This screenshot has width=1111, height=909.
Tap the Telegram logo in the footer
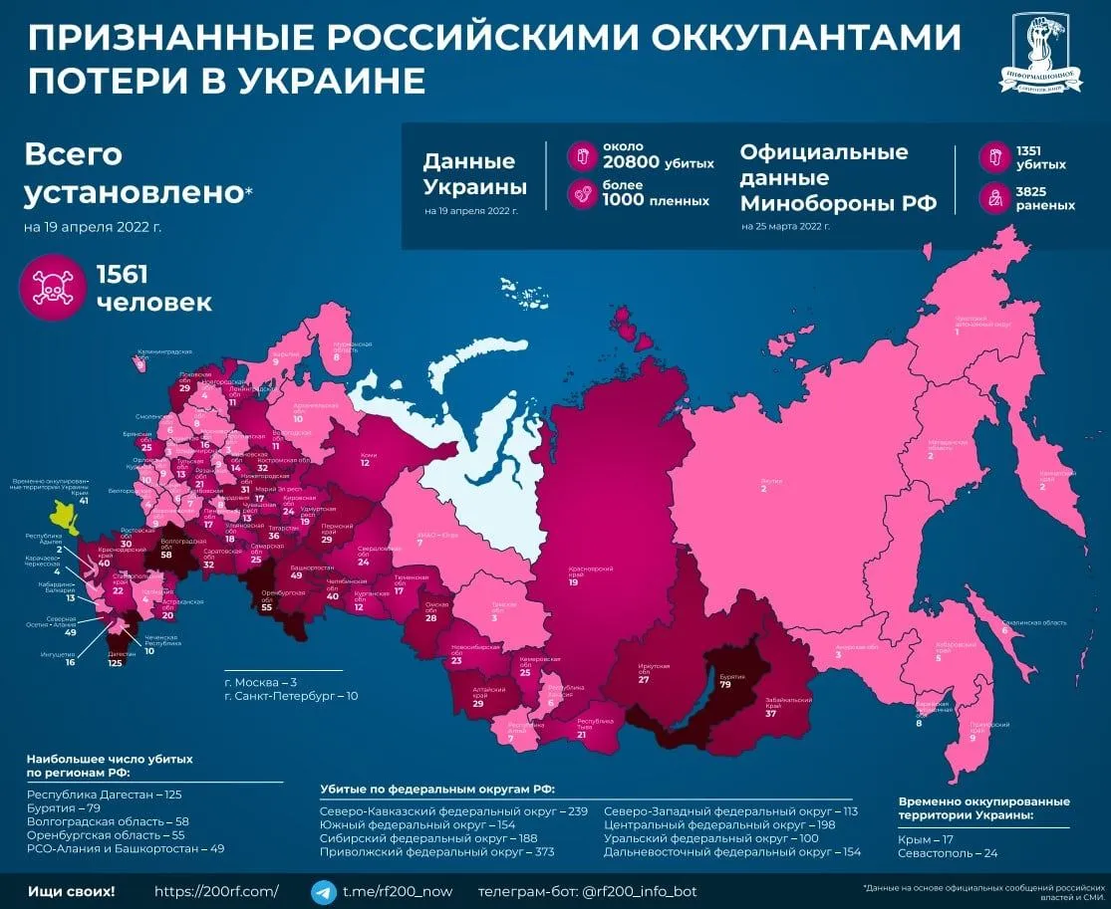(323, 891)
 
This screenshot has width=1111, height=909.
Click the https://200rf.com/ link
(217, 891)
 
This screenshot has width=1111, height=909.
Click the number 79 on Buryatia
(725, 684)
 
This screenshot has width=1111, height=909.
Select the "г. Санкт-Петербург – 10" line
(290, 696)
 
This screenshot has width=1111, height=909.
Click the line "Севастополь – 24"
(947, 853)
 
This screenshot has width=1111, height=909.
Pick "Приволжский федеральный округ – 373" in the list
(429, 852)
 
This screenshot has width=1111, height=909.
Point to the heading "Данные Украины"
(469, 174)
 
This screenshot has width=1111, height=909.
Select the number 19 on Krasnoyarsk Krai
(574, 581)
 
